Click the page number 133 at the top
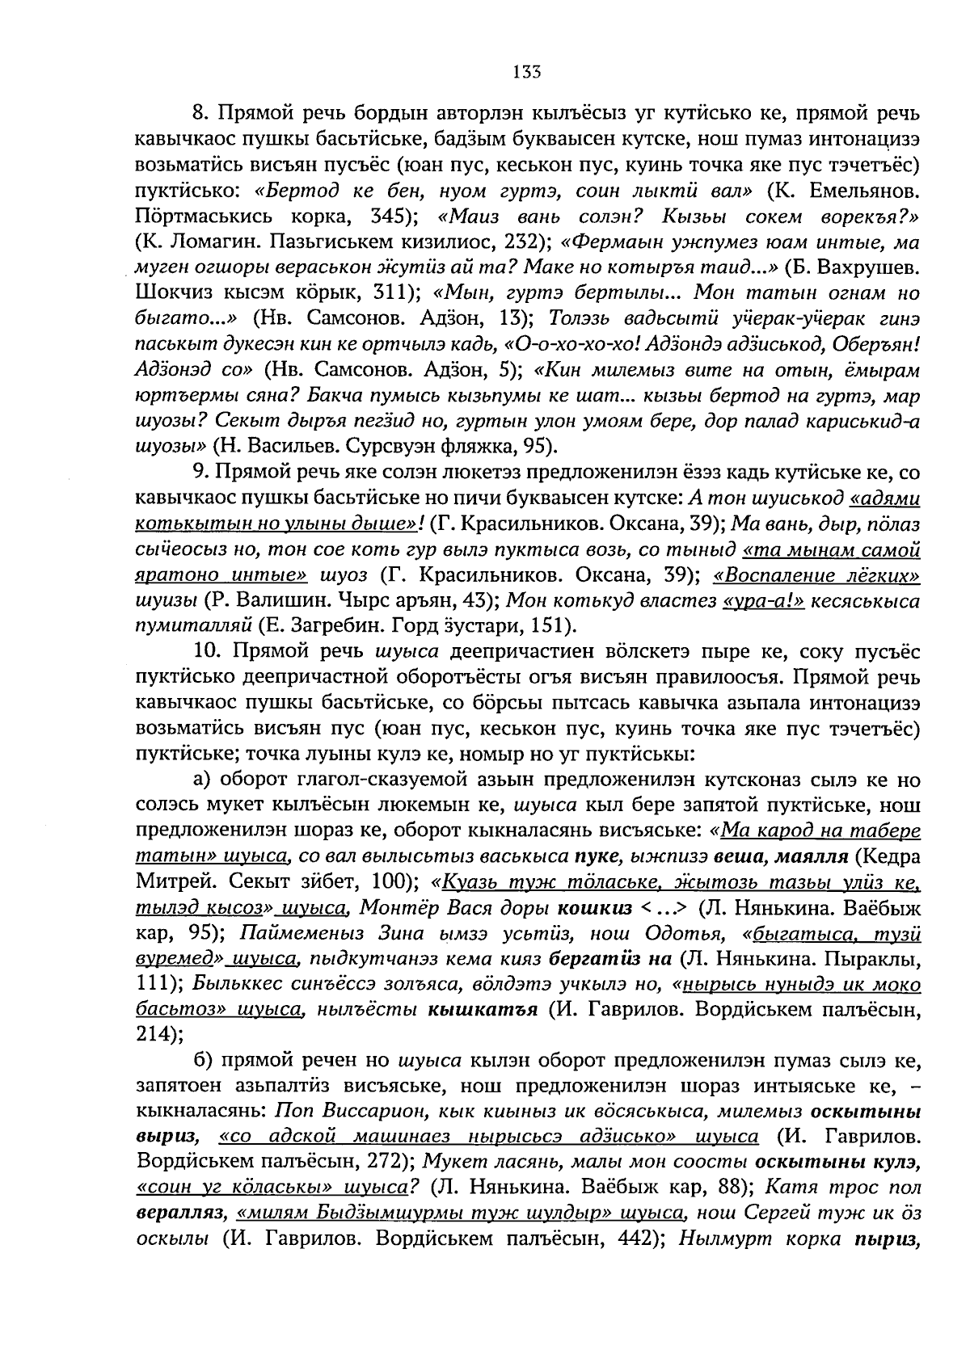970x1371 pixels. point(525,71)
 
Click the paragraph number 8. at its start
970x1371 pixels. point(201,113)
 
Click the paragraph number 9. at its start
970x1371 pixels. point(201,473)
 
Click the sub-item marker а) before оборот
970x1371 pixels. point(201,780)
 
